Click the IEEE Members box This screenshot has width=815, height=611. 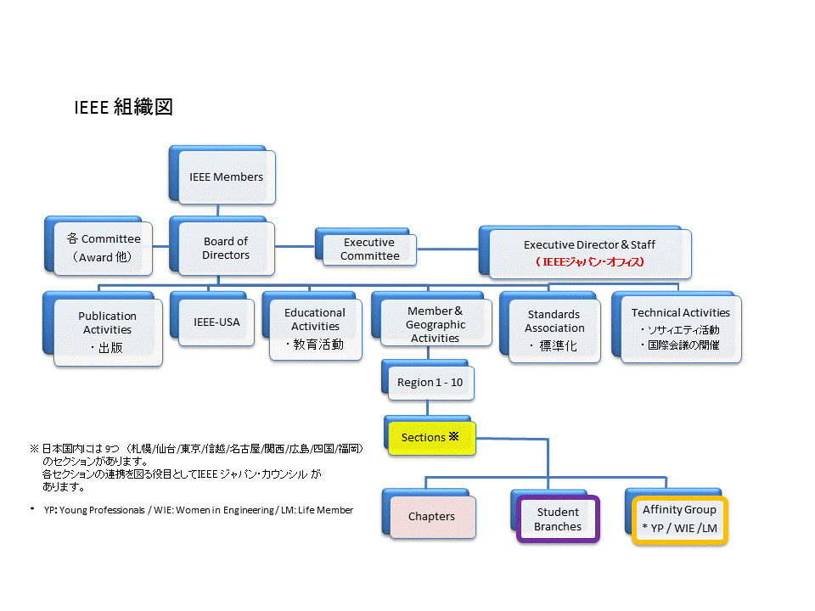click(x=226, y=177)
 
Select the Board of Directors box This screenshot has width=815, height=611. click(x=226, y=248)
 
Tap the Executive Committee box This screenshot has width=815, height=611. click(x=369, y=249)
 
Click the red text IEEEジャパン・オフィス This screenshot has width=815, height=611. click(x=589, y=262)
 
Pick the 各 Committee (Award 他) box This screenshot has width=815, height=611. click(x=104, y=248)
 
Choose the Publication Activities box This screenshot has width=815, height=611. click(x=107, y=330)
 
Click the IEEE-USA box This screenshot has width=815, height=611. click(x=216, y=322)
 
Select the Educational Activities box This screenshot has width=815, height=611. click(x=315, y=327)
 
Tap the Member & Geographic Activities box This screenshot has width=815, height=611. click(x=435, y=324)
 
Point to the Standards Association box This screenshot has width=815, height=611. click(x=554, y=328)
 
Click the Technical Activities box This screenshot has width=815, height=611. click(x=680, y=328)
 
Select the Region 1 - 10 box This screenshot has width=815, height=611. click(x=430, y=383)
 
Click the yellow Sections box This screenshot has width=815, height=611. click(x=430, y=438)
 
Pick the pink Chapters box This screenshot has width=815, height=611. click(x=431, y=516)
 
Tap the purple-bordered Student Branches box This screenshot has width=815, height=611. click(x=558, y=519)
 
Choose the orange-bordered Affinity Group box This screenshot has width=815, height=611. click(x=679, y=519)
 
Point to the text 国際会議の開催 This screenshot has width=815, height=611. click(x=682, y=345)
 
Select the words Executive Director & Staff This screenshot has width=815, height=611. click(x=589, y=244)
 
